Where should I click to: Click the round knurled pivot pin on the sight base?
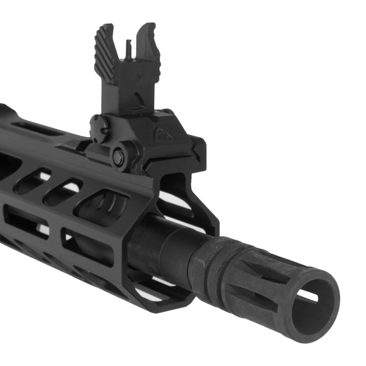(118, 155)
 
